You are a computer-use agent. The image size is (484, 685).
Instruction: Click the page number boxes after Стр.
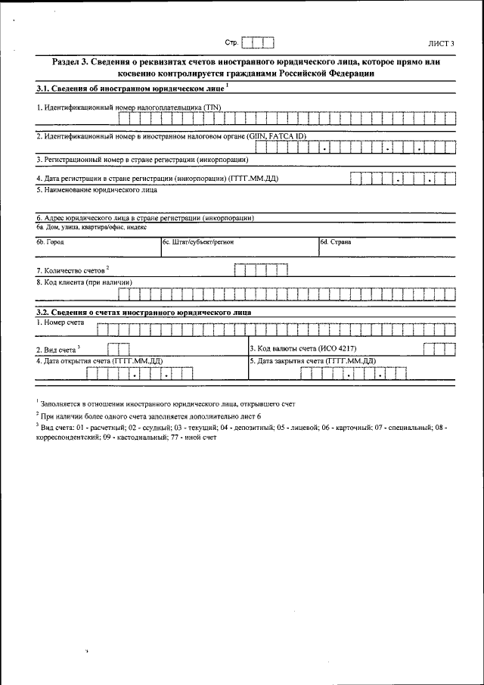click(257, 42)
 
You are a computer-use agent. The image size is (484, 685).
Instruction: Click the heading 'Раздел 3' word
click(70, 61)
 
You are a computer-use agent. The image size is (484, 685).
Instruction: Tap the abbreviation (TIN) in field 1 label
click(212, 107)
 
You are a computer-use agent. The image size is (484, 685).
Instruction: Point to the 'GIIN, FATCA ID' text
click(276, 135)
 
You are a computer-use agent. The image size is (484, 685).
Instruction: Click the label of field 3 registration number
click(142, 160)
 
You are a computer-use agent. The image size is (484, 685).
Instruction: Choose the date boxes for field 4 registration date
click(402, 179)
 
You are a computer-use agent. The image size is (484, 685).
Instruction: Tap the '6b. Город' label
click(51, 242)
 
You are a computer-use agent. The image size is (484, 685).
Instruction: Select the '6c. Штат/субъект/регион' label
click(198, 242)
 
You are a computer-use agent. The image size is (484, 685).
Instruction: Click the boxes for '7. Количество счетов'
click(261, 269)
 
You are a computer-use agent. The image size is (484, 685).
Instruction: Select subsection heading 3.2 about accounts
click(144, 312)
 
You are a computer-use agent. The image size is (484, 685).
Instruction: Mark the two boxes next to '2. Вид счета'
click(118, 349)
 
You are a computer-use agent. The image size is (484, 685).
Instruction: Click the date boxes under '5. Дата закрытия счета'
click(352, 373)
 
